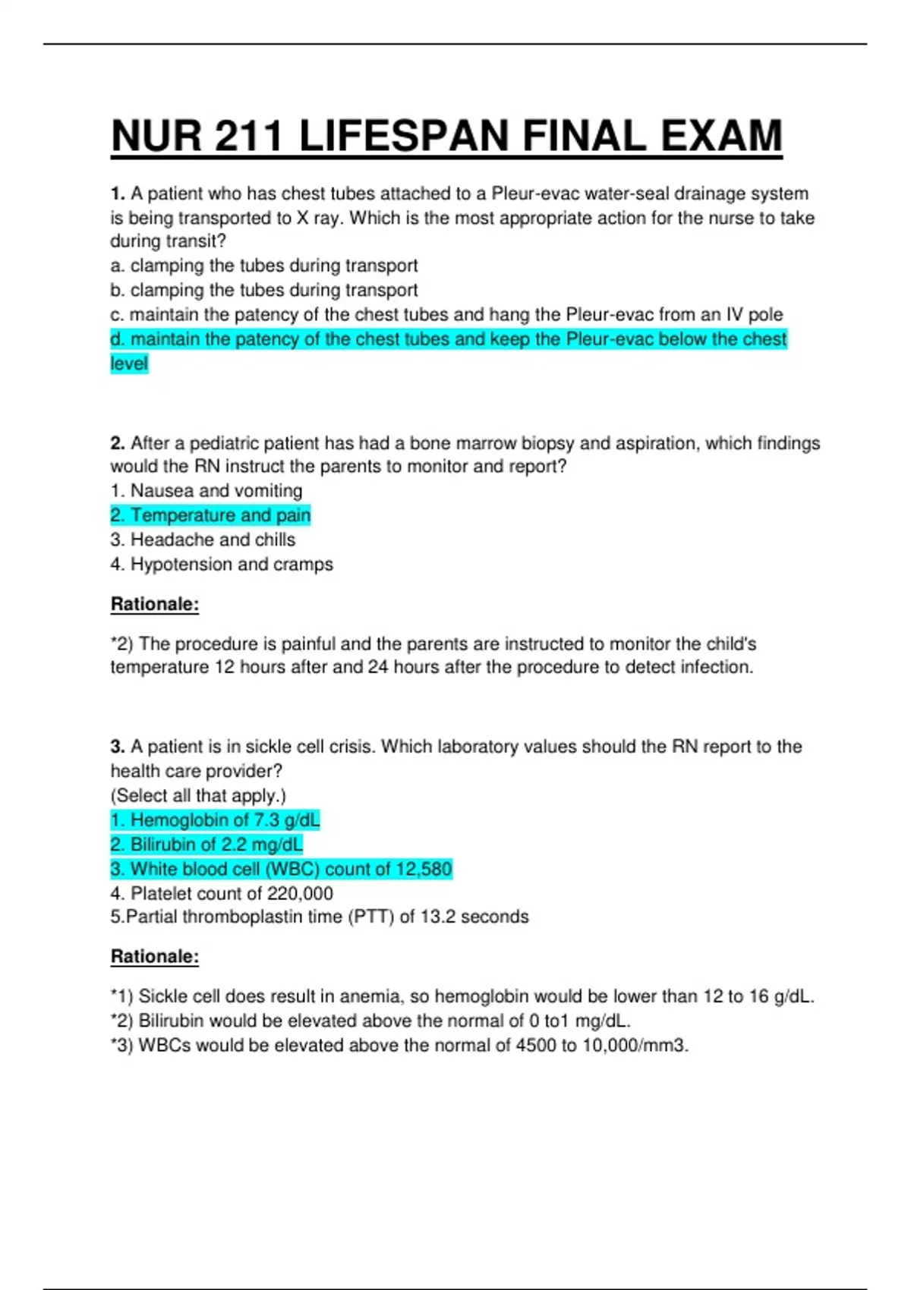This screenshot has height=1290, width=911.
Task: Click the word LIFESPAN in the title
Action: point(404,137)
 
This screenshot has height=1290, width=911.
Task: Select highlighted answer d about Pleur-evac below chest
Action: point(448,339)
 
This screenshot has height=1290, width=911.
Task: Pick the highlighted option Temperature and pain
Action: point(210,515)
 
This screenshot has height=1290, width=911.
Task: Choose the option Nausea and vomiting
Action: point(206,491)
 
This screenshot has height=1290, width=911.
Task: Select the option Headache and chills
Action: point(203,540)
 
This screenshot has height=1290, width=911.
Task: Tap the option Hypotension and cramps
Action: point(221,564)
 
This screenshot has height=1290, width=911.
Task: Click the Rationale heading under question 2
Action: point(155,604)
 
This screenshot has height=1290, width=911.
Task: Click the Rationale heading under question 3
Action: point(155,956)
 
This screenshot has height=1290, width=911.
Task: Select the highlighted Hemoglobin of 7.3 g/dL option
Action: point(215,820)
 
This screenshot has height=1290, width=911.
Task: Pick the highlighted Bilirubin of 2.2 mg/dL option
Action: point(206,845)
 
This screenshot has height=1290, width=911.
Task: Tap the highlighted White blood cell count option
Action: point(281,869)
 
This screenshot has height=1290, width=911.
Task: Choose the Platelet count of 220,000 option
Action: point(221,893)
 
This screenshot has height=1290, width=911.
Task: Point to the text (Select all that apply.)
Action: point(198,795)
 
